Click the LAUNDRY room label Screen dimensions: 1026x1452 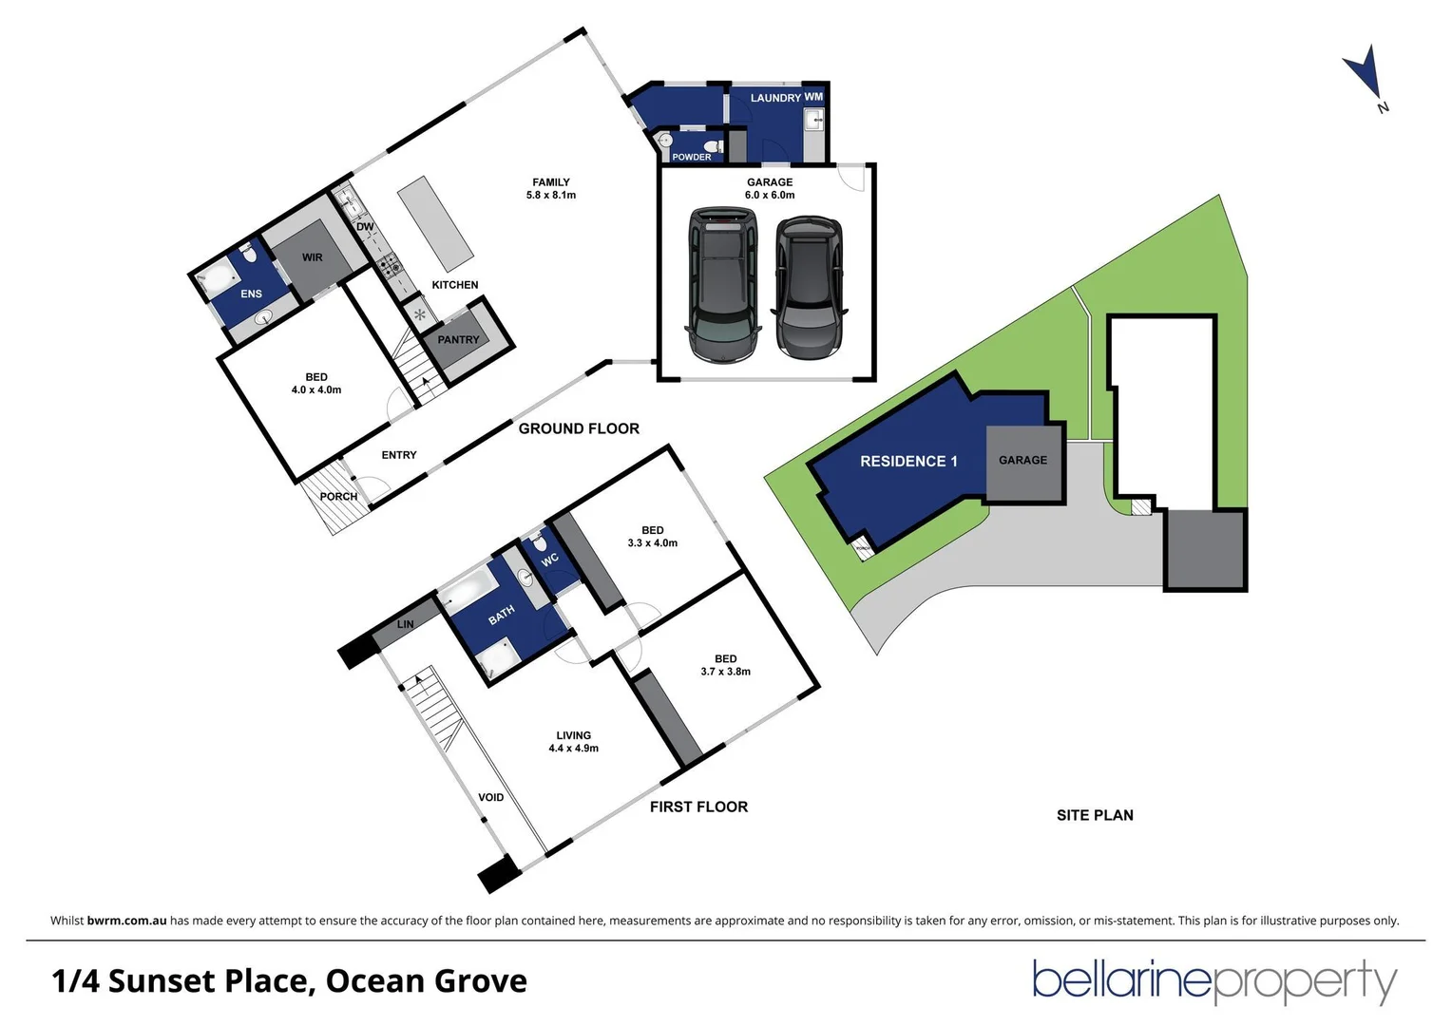(x=775, y=98)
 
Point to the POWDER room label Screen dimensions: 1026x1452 (x=691, y=158)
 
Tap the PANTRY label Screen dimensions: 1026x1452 (x=458, y=340)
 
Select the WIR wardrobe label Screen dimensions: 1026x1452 (x=312, y=257)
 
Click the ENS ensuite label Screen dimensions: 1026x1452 (x=251, y=294)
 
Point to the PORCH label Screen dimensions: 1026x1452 (x=338, y=497)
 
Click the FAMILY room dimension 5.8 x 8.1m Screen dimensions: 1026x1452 (x=551, y=196)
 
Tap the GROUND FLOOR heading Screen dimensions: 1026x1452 (x=579, y=429)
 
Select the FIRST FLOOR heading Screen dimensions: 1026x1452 (x=698, y=807)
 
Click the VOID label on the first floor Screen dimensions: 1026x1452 (x=490, y=798)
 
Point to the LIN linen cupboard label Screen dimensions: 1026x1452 (x=405, y=625)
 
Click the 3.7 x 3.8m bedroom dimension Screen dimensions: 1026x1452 (x=725, y=672)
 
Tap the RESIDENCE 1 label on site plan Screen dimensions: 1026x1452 (x=908, y=462)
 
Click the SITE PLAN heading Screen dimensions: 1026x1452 (x=1095, y=815)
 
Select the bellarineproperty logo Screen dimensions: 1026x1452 (x=1214, y=981)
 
